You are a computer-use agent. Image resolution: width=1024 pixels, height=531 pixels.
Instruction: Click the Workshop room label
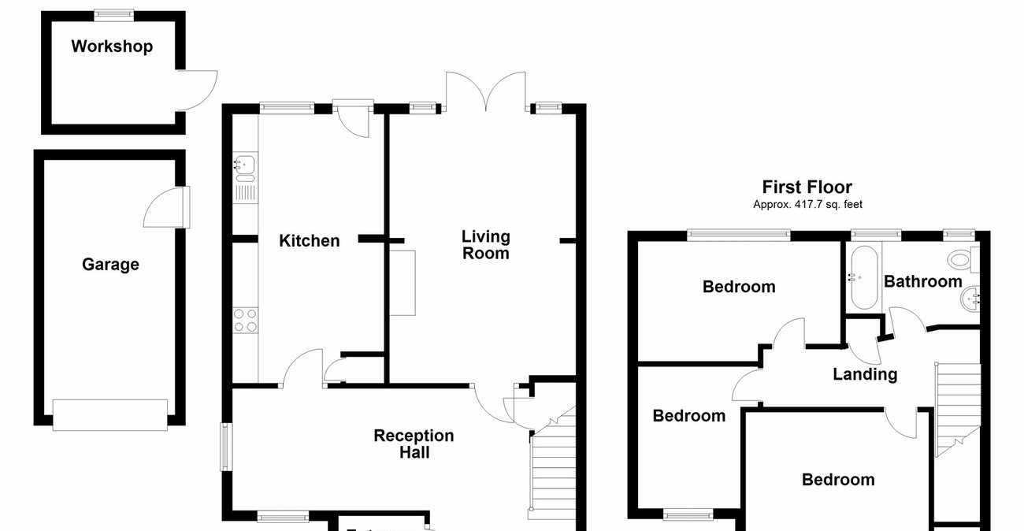(x=112, y=46)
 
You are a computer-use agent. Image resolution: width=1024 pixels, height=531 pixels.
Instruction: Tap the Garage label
(x=110, y=265)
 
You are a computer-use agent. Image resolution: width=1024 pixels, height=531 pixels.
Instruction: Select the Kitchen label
(x=310, y=241)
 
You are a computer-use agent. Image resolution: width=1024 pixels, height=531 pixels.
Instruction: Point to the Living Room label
(x=485, y=244)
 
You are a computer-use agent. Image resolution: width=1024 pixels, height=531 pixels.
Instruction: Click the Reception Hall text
(x=414, y=444)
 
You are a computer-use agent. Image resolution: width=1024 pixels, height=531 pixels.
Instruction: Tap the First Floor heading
(x=807, y=188)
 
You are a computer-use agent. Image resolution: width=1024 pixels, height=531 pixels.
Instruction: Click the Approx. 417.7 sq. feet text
(x=807, y=205)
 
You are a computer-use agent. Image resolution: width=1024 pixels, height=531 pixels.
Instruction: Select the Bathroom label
(x=922, y=281)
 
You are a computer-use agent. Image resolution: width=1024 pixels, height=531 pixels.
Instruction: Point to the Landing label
(x=865, y=374)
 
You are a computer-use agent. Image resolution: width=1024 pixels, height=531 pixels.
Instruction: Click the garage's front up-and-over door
(x=110, y=414)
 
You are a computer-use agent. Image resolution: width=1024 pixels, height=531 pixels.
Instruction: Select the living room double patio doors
(x=485, y=90)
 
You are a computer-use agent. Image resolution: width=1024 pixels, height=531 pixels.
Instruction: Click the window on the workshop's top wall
(x=113, y=13)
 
